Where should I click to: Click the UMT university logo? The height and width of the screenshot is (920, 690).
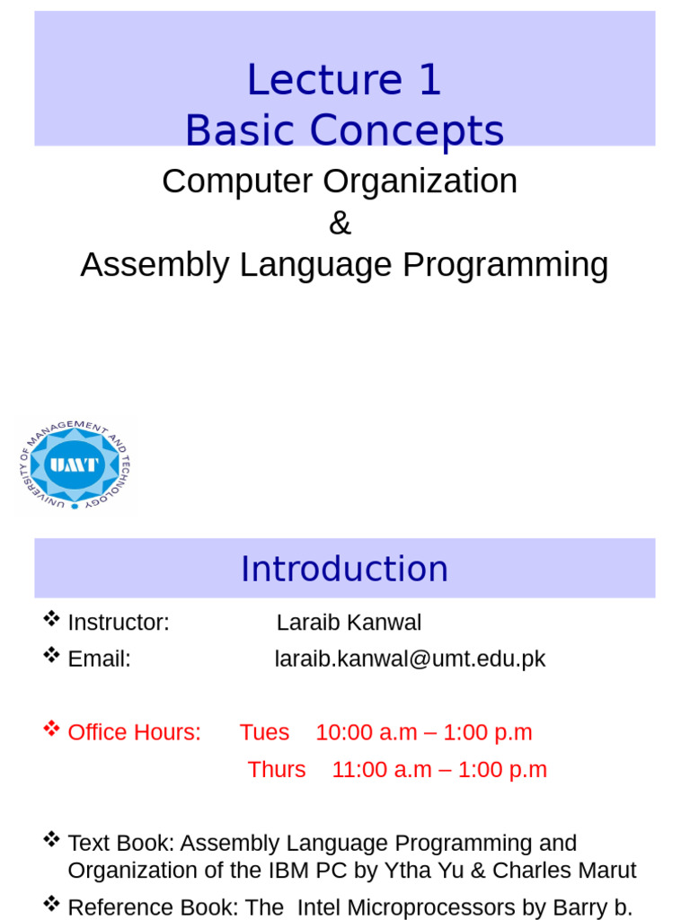coord(75,464)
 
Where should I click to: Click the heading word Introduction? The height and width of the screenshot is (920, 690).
coord(344,569)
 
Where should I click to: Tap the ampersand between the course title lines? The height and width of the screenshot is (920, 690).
coord(340,223)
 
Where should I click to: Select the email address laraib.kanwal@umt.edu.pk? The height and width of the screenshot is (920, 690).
coord(410,659)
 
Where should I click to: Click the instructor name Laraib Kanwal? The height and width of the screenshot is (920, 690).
coord(349,623)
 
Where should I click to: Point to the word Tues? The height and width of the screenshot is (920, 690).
coord(264,732)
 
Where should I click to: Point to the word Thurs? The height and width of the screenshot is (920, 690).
coord(277,770)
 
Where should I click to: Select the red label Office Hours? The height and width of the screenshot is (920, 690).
coord(135,732)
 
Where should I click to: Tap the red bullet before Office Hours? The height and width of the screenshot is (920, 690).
coord(51,729)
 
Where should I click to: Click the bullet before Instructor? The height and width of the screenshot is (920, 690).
coord(51,619)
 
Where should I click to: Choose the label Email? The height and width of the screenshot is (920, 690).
coord(100,659)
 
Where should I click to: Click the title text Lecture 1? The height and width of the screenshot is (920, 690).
coord(344,80)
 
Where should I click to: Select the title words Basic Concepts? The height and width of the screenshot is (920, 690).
coord(344,131)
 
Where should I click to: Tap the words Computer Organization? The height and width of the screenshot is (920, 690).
coord(340,181)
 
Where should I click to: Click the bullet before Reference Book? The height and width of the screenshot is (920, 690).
coord(51,903)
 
